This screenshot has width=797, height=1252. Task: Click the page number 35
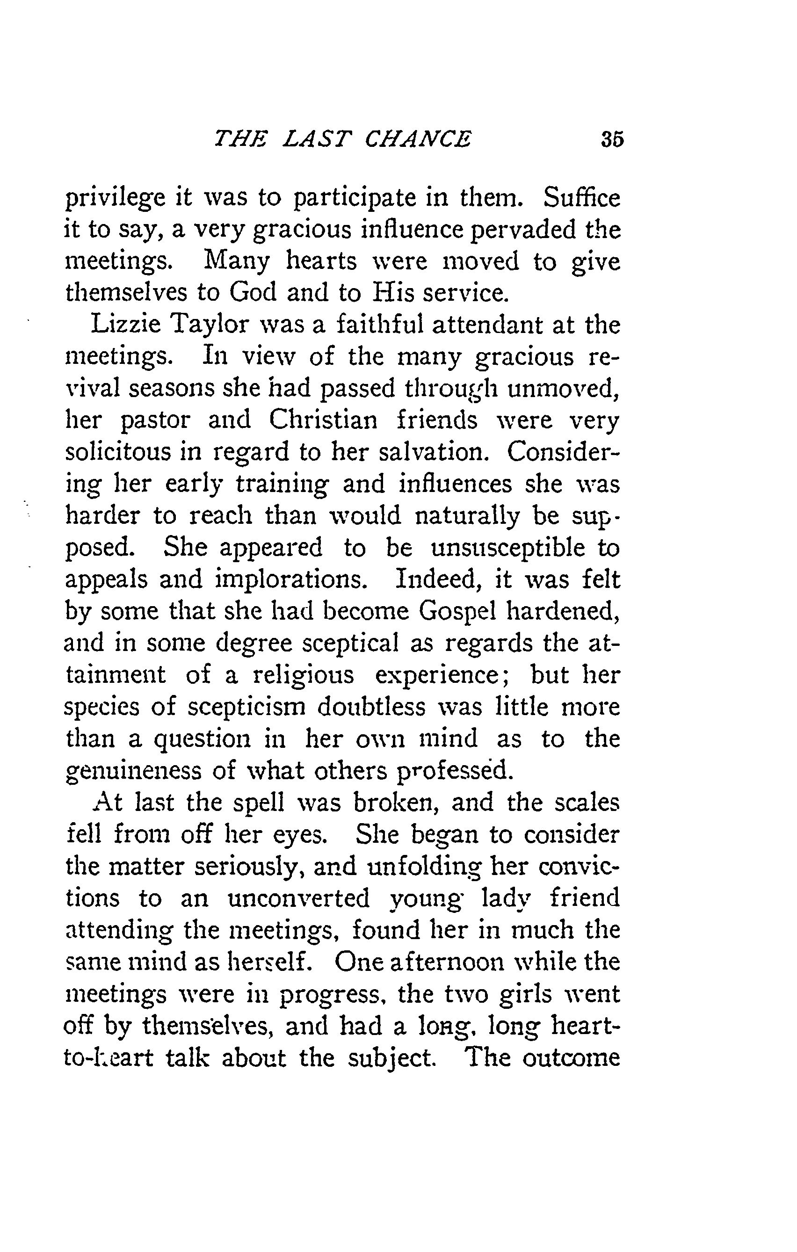pos(611,139)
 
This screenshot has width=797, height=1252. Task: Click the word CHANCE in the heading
pos(418,139)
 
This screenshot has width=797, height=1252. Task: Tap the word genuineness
pos(133,772)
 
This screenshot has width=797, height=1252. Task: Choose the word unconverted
pos(299,898)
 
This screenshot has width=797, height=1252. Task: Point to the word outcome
pos(571,1058)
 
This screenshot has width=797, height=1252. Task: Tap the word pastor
pos(155,421)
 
